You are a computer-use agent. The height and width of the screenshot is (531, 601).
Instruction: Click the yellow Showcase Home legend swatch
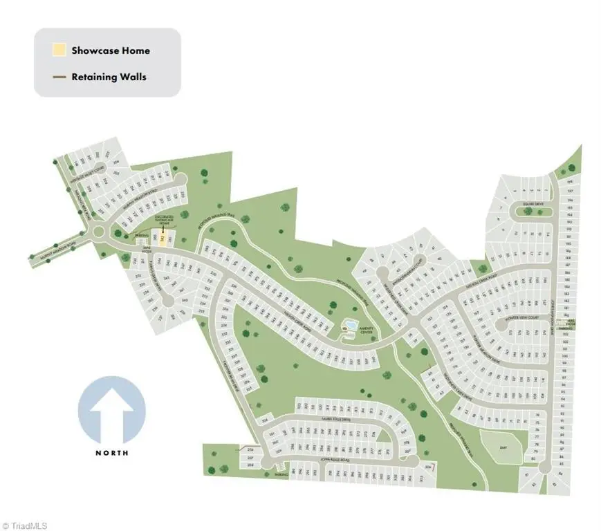point(59,50)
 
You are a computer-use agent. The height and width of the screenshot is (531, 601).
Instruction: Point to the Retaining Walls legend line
point(59,77)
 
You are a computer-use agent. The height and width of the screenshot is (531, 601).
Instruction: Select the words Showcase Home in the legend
point(110,50)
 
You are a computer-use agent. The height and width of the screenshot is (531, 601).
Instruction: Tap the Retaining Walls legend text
point(109,77)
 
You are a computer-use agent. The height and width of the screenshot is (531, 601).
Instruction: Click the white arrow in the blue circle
point(111,412)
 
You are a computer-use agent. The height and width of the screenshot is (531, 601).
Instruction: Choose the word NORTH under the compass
point(111,453)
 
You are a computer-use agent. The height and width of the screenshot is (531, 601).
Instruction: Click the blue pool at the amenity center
point(350,324)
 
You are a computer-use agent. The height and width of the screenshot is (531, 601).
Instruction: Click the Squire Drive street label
point(533,204)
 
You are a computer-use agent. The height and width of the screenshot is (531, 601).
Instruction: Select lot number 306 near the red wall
point(429,468)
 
